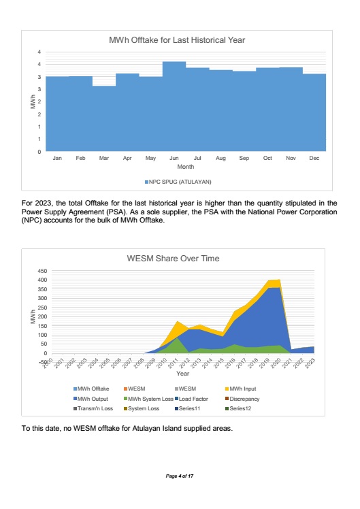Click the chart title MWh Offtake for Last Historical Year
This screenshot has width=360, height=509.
[x=177, y=40]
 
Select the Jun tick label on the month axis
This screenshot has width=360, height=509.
[x=174, y=158]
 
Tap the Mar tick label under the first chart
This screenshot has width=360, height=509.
[x=104, y=158]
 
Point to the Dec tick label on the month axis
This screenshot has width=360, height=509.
[x=314, y=158]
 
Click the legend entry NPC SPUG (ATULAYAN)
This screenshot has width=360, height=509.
[x=178, y=182]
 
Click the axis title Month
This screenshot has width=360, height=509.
[x=186, y=167]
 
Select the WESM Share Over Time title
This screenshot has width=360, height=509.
[x=173, y=259]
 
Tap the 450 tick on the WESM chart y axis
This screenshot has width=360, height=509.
[x=43, y=271]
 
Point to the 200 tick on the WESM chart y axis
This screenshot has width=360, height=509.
[x=43, y=316]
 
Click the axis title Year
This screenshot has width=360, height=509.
[x=183, y=374]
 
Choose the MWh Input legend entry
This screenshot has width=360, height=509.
[x=240, y=389]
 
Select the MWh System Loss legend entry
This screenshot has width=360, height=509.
[x=148, y=399]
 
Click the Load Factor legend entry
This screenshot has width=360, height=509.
[x=191, y=399]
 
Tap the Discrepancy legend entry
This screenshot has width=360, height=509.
[x=242, y=399]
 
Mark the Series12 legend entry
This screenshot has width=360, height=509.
[x=238, y=409]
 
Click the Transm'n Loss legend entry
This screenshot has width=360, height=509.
[x=93, y=409]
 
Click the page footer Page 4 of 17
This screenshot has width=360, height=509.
[x=180, y=476]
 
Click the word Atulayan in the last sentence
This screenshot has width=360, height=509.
[x=146, y=429]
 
